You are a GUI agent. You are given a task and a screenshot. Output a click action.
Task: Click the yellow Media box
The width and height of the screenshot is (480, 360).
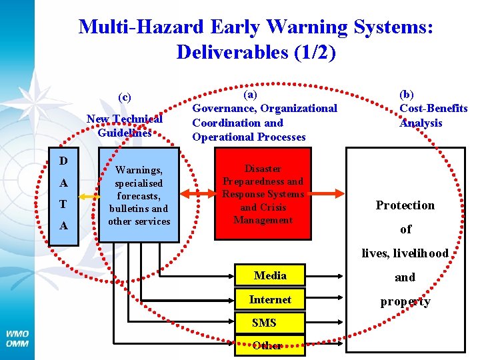[x=270, y=276]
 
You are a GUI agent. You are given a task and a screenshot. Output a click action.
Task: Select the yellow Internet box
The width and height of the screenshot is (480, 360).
[x=270, y=300]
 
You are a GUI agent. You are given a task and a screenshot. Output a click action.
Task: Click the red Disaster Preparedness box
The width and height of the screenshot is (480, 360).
[x=263, y=194]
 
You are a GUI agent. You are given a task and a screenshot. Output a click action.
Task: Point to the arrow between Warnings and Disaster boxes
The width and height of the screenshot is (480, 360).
[x=197, y=193]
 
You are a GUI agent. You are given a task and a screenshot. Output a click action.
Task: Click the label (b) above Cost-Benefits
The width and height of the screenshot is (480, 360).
[x=406, y=95]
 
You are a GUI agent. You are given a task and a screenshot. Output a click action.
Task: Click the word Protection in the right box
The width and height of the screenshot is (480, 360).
[x=405, y=205]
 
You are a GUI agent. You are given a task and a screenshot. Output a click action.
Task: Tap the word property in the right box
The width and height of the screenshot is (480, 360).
[x=405, y=302]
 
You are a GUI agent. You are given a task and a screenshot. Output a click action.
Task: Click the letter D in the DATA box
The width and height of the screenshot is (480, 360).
[x=63, y=161]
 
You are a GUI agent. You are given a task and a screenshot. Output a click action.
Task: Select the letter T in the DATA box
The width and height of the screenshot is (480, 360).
[x=63, y=205]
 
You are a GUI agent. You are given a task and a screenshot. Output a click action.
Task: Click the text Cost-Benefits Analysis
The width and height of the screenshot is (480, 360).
[x=433, y=115]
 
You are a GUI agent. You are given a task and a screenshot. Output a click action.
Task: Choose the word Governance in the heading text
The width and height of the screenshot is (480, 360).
[x=223, y=108]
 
